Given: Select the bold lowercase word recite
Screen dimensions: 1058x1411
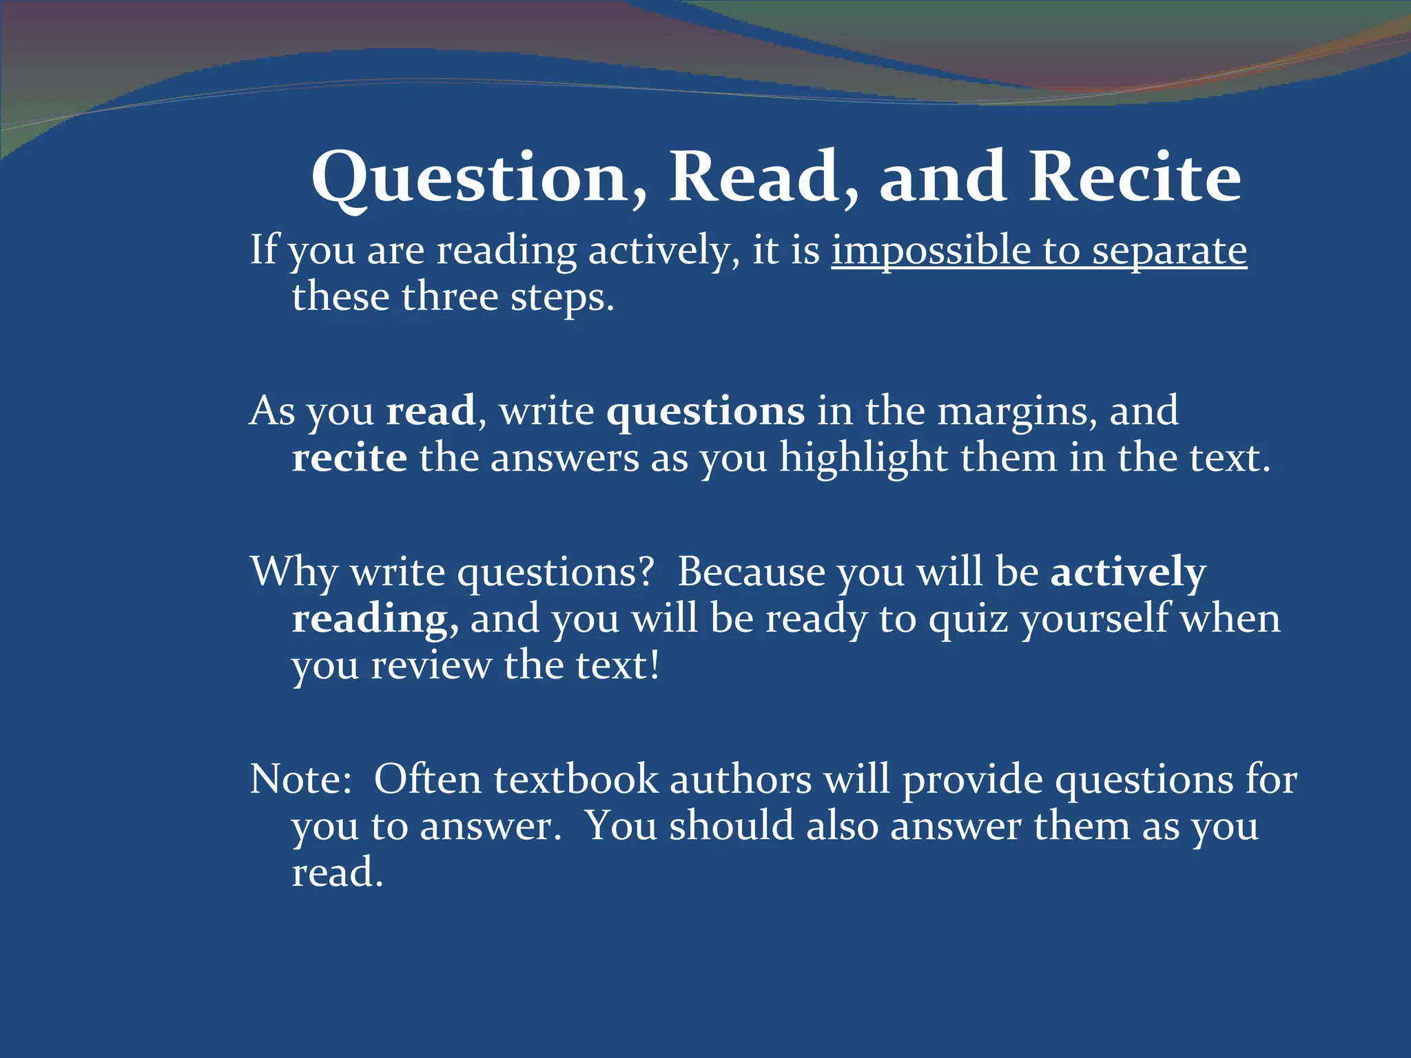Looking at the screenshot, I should click(349, 458).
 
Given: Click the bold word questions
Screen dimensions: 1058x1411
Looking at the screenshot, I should click(705, 412).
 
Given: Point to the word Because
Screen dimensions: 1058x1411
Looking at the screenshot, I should click(751, 572).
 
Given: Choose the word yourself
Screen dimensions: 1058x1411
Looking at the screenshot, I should click(1096, 619).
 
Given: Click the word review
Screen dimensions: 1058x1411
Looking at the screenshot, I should click(431, 666).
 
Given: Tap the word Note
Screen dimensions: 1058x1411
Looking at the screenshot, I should click(300, 780).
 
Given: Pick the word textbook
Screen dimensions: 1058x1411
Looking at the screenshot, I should click(576, 780).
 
